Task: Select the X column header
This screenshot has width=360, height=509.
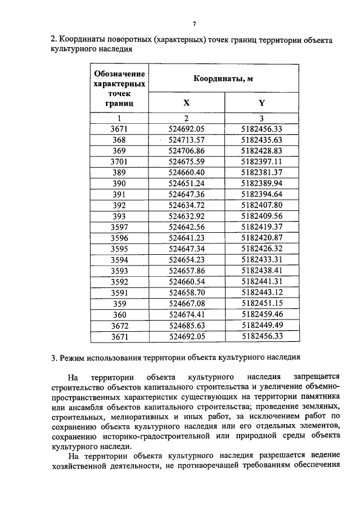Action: point(186,103)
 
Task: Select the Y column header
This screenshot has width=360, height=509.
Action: point(262,103)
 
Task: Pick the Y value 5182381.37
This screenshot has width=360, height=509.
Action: point(262,172)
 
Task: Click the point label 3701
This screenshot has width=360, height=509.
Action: point(119,161)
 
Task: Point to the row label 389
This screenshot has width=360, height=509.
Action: point(119,172)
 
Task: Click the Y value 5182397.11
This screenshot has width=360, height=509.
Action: point(262,161)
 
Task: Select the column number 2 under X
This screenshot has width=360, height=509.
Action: point(186,118)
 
